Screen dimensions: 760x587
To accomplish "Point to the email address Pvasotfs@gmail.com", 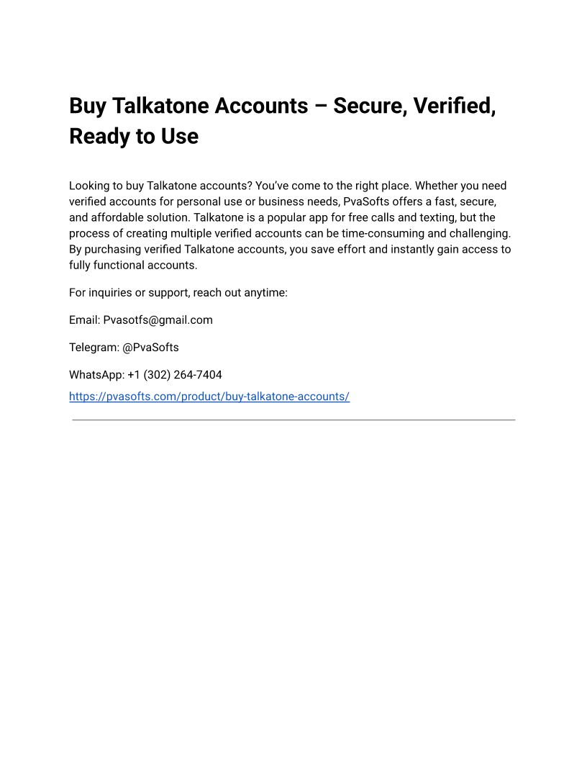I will pos(158,320).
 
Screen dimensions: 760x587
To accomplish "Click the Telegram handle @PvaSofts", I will pos(151,347).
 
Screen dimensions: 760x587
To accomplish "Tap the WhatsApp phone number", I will pos(175,374).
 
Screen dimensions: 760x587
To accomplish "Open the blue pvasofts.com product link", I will pos(209,397).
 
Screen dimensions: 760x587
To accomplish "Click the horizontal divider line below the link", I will pos(293,420).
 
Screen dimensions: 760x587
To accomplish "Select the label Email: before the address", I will pos(84,320).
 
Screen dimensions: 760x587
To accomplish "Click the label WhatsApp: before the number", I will pos(96,374).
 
